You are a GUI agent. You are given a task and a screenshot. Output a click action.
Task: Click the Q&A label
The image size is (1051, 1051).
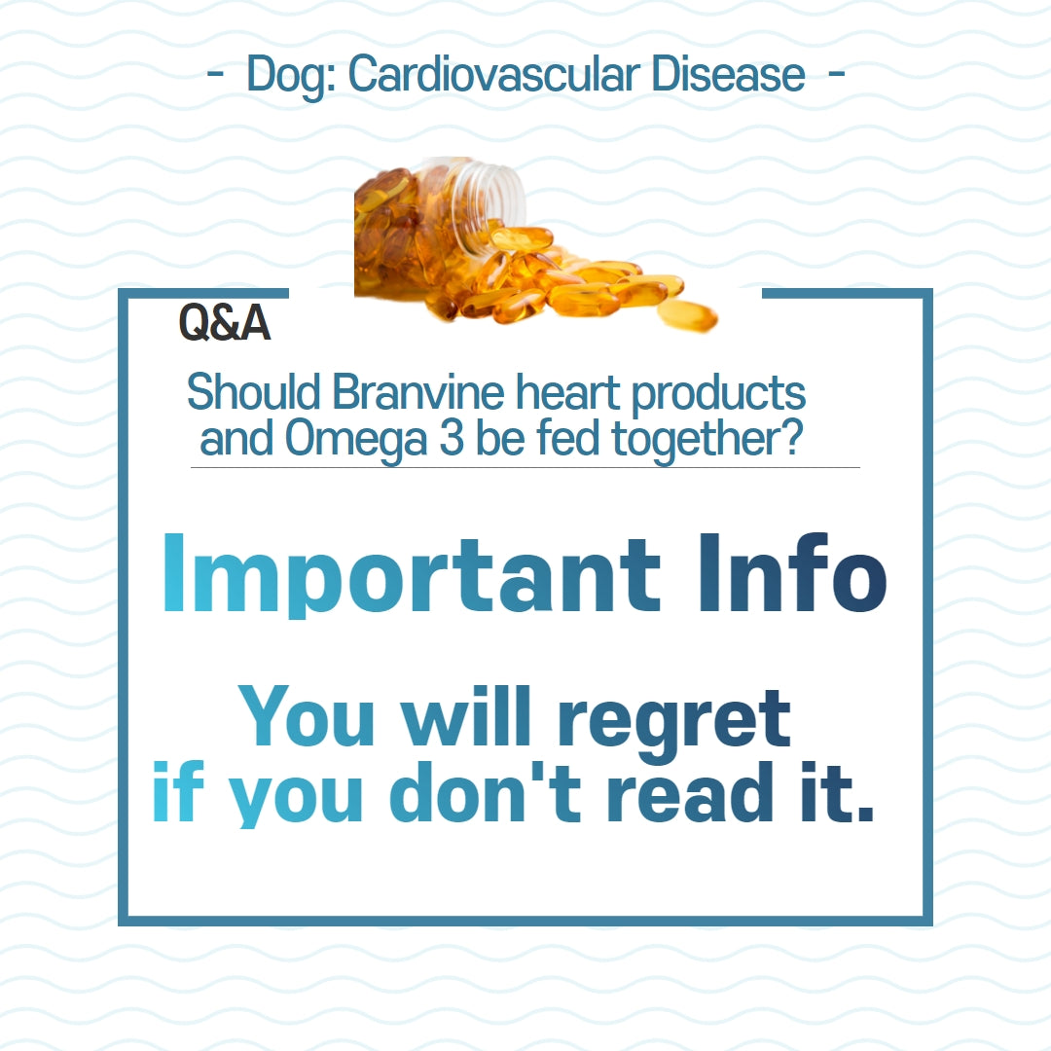[x=224, y=324]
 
